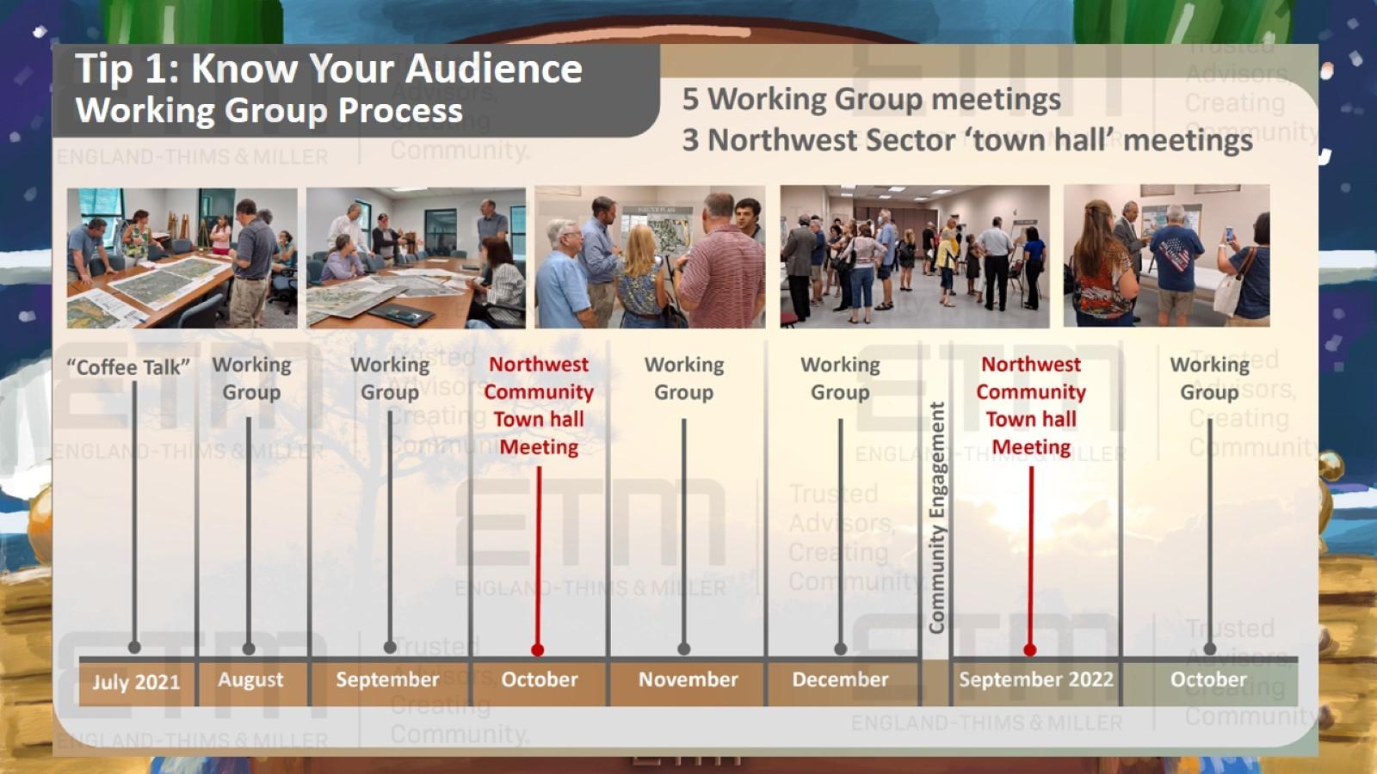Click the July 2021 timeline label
(136, 682)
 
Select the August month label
(250, 679)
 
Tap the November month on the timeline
(688, 679)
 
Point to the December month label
(840, 679)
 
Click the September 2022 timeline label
(1035, 679)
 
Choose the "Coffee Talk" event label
(128, 367)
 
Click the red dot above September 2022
(1030, 649)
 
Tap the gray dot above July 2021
(134, 647)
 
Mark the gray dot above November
(684, 648)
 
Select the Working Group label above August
(251, 378)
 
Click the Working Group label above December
(840, 378)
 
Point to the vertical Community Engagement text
(936, 517)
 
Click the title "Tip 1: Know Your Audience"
(328, 69)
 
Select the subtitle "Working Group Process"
(269, 111)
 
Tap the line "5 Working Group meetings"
(871, 99)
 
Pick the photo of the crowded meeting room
(914, 256)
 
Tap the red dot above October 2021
(538, 649)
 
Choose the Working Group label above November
(684, 378)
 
